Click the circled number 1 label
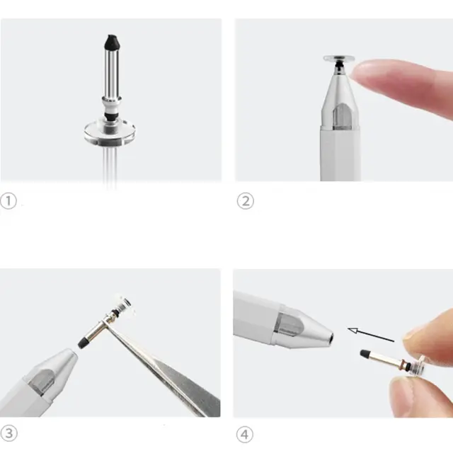click(8, 201)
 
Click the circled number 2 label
click(246, 201)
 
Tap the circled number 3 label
click(9, 433)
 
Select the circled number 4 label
click(245, 435)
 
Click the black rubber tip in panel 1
click(112, 42)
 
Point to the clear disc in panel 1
click(110, 133)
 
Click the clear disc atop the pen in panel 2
click(339, 59)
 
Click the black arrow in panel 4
click(371, 335)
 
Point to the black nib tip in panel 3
click(84, 343)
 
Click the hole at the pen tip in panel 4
click(331, 337)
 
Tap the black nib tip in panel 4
click(365, 353)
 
